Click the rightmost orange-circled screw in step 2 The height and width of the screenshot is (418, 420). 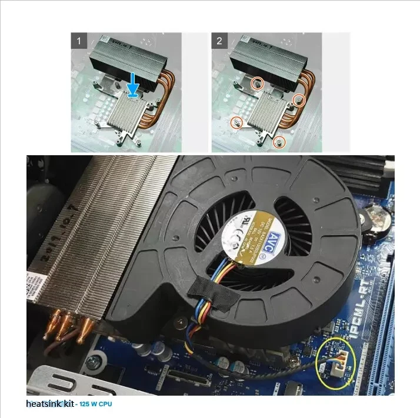pos(299,101)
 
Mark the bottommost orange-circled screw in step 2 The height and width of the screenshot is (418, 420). pos(281,142)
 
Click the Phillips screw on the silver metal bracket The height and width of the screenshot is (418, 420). pos(91,363)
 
